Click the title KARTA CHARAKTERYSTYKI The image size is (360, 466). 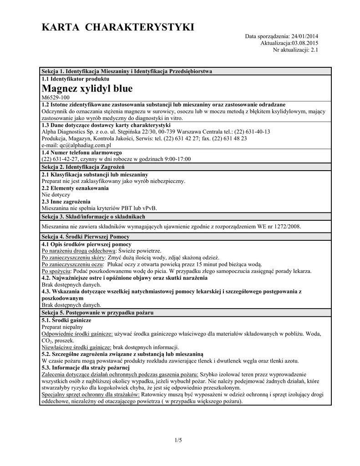[x=117, y=28]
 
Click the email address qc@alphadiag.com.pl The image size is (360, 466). [x=76, y=145]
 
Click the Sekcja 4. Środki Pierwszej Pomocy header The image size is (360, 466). [x=86, y=237]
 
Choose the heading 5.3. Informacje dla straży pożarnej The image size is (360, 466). [x=86, y=367]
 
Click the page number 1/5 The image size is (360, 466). [x=178, y=440]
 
